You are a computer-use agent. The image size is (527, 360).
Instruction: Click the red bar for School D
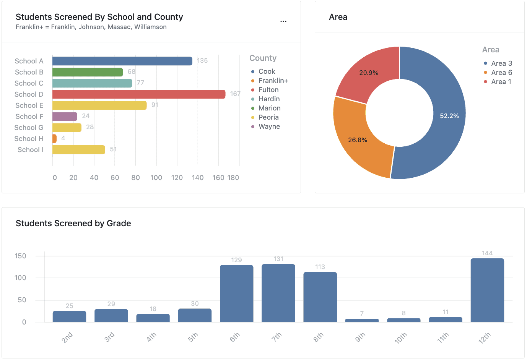(x=138, y=94)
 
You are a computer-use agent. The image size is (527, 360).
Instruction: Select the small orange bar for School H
(x=54, y=139)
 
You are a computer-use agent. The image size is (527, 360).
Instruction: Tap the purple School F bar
(x=65, y=117)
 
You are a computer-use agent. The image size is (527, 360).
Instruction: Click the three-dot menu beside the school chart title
(x=283, y=21)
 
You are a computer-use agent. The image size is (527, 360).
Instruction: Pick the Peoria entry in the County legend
(x=268, y=117)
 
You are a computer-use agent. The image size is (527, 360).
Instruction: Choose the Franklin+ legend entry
(x=273, y=81)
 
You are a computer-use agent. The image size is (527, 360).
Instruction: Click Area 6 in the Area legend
(x=501, y=73)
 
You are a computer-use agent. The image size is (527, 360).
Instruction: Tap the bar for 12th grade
(x=487, y=290)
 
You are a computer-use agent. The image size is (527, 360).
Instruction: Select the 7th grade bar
(x=278, y=293)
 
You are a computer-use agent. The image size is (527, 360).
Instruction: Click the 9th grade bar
(x=362, y=320)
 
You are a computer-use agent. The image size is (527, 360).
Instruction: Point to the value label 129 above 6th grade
(x=236, y=260)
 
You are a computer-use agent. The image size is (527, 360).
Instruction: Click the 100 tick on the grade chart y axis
(x=21, y=278)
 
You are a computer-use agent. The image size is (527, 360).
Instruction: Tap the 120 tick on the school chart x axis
(x=177, y=178)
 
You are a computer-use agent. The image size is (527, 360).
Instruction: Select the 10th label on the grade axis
(x=401, y=338)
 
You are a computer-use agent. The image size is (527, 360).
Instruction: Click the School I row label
(x=30, y=150)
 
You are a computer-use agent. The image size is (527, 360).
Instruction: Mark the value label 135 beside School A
(x=202, y=60)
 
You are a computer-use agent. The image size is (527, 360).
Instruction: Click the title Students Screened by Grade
(x=73, y=223)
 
